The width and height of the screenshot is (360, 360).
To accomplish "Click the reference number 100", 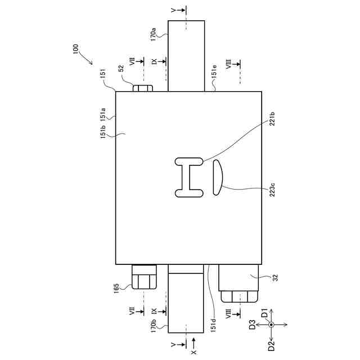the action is click(x=75, y=49).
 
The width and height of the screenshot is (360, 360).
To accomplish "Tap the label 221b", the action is click(x=272, y=119).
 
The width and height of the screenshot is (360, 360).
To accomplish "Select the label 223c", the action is click(x=272, y=190).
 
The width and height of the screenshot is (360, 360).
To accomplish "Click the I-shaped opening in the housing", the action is click(x=189, y=178).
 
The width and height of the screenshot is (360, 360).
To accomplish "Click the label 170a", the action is click(x=153, y=34).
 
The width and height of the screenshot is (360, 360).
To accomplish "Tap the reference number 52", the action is click(x=121, y=68).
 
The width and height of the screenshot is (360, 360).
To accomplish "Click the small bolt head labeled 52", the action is click(x=143, y=88).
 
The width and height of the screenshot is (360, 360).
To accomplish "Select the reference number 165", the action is click(x=116, y=289).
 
